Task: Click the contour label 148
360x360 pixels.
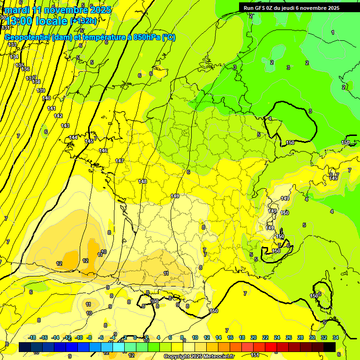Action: [143, 181]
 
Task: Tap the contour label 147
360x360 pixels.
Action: [120, 161]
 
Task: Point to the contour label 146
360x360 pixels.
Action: [103, 150]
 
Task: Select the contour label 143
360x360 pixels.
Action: [65, 126]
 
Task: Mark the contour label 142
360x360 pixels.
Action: [58, 116]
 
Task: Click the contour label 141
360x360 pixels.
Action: [52, 108]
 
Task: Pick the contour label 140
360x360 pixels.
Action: [46, 98]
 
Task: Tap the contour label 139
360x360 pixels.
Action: [41, 90]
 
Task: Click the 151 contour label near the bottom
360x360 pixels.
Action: [255, 355]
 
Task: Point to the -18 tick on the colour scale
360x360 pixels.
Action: [32, 337]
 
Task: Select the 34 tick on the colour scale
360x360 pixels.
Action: [336, 337]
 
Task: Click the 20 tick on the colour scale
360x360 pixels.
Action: [254, 337]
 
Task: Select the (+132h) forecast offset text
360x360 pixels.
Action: [83, 21]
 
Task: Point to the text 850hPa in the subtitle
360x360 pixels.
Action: [145, 37]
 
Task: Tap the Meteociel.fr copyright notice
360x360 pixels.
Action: [199, 356]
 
